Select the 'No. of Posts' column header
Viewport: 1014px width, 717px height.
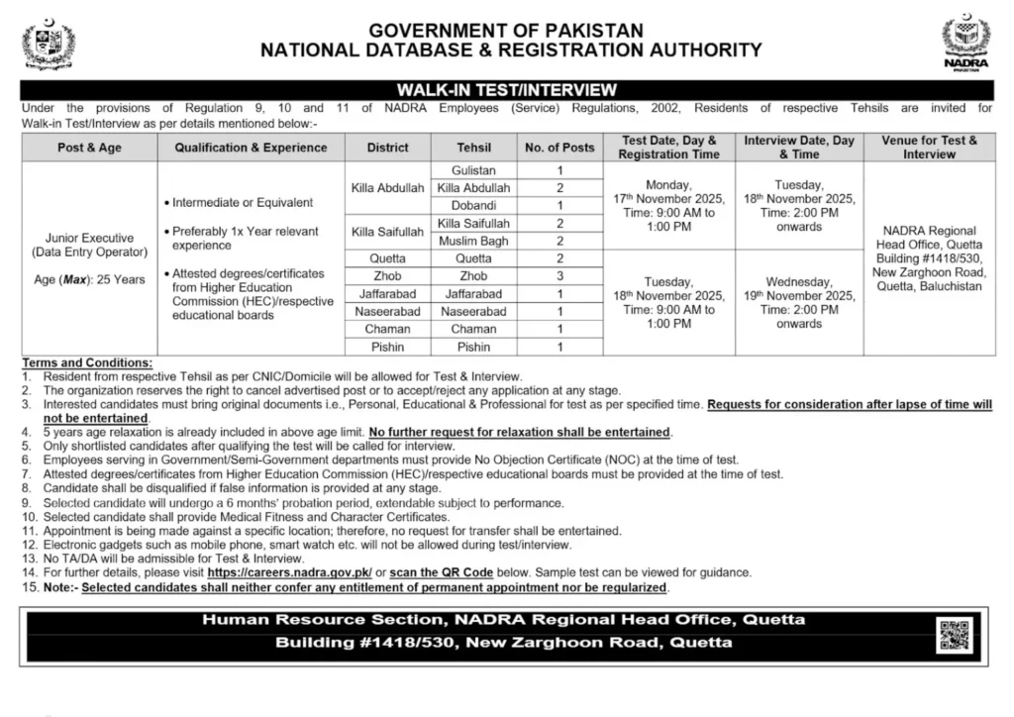pos(559,148)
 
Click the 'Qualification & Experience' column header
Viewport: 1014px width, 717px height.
pos(251,148)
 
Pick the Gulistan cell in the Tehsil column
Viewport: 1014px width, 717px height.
pos(473,170)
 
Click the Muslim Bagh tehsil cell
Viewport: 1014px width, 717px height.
pos(473,241)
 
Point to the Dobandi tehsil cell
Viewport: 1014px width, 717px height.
pos(473,205)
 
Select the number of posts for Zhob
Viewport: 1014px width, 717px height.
pos(559,276)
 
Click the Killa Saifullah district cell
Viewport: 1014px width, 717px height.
pos(387,232)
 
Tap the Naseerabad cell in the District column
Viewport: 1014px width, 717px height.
pos(387,311)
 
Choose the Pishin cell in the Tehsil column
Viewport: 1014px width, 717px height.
pos(473,347)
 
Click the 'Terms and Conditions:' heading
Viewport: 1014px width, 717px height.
pos(87,363)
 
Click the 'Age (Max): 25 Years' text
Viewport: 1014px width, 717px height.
pos(89,279)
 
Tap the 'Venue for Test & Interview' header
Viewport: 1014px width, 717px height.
pos(929,148)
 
